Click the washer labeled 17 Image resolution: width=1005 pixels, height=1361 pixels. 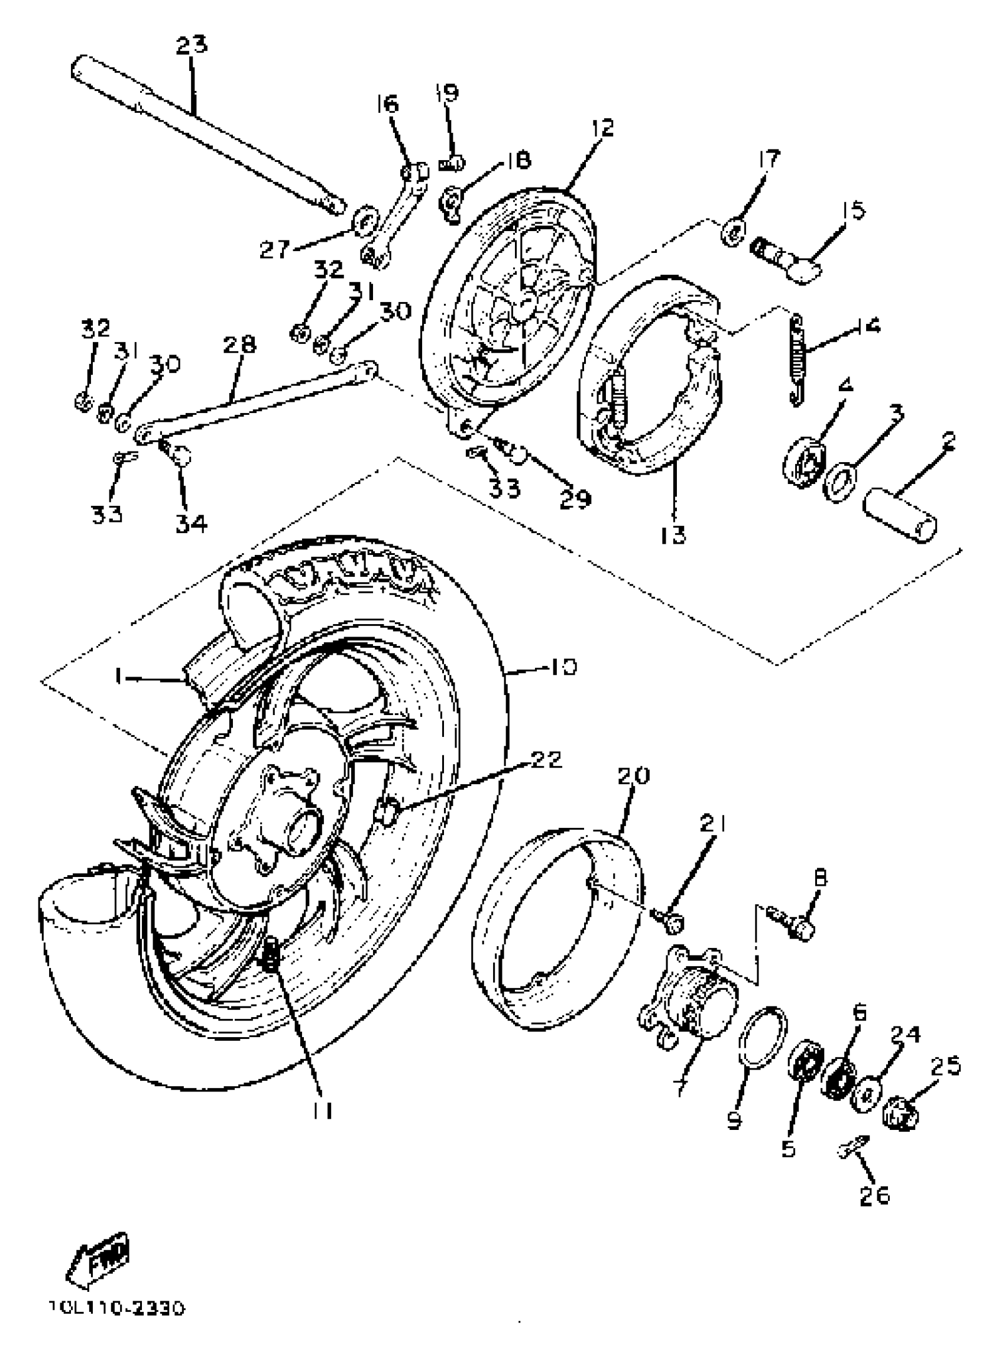click(733, 231)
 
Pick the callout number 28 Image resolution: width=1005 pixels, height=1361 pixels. click(239, 345)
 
